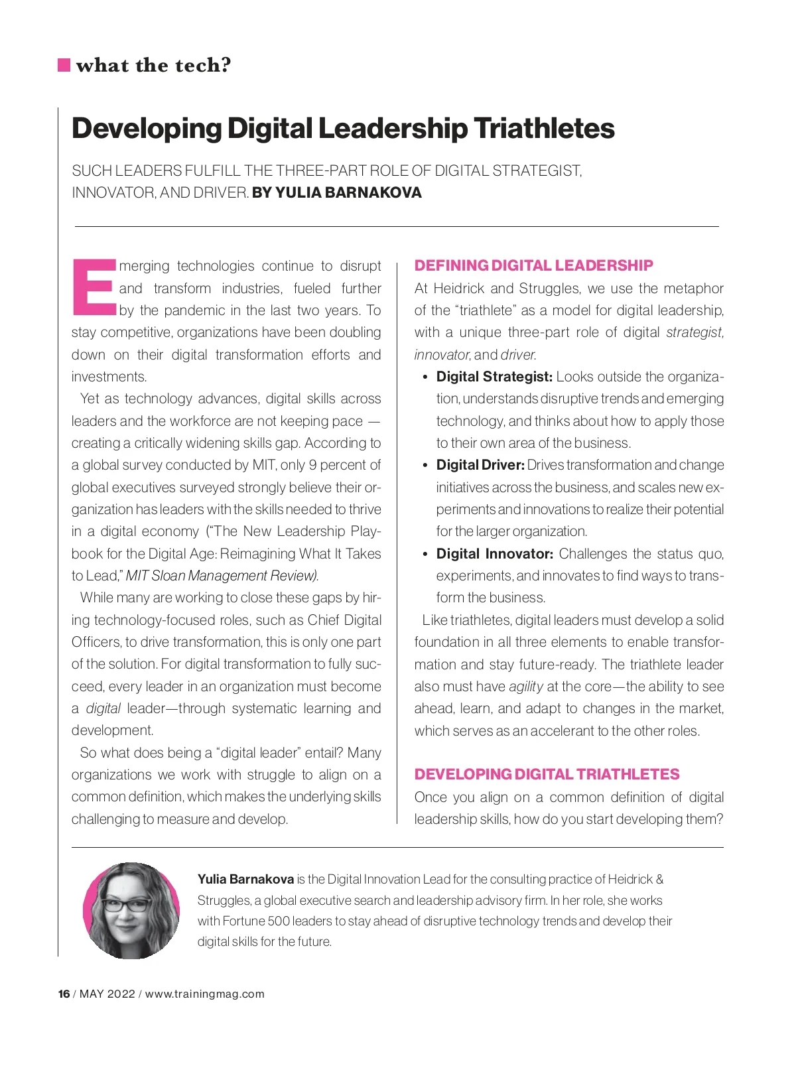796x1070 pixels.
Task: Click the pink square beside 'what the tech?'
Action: [64, 65]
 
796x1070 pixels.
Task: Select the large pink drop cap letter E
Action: [94, 286]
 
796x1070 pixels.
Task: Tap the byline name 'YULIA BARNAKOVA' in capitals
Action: [348, 192]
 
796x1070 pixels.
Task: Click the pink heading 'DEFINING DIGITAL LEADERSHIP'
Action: [533, 265]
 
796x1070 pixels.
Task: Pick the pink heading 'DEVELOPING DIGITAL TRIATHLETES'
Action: [547, 774]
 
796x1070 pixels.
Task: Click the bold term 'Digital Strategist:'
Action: [494, 377]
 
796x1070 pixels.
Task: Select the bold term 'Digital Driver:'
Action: [480, 465]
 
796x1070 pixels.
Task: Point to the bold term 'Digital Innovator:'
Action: [494, 554]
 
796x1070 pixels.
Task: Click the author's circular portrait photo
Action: [131, 910]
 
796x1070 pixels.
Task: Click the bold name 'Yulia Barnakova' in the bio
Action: [245, 880]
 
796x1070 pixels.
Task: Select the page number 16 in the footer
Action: [64, 994]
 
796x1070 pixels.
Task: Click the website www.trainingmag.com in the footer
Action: [204, 994]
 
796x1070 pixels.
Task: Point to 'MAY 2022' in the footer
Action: [107, 994]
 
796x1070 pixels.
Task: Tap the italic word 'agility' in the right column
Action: [526, 687]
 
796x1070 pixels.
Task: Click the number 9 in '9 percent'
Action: [312, 465]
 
